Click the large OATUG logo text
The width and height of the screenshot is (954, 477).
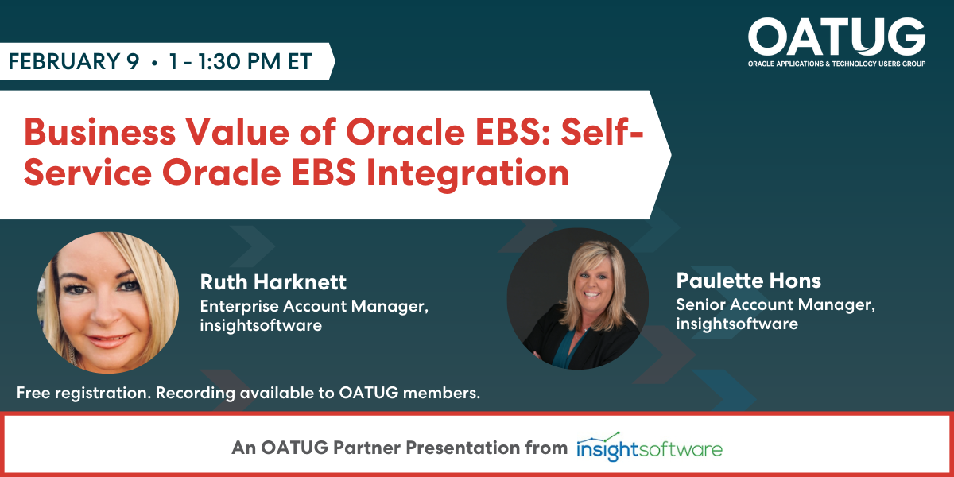(x=836, y=36)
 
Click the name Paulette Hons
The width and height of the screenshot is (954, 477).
(x=748, y=281)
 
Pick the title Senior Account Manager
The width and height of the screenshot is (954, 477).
(x=775, y=304)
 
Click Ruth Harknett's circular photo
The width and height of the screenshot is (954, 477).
(x=108, y=303)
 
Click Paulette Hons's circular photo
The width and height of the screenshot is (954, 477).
(x=578, y=298)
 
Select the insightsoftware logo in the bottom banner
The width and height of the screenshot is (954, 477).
(x=650, y=447)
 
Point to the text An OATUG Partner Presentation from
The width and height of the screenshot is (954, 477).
(x=400, y=448)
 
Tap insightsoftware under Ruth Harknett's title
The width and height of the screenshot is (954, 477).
(x=261, y=325)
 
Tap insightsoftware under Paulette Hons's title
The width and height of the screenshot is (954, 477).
(x=737, y=324)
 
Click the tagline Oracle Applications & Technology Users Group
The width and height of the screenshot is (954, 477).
(x=836, y=64)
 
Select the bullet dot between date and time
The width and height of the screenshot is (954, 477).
(x=153, y=63)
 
